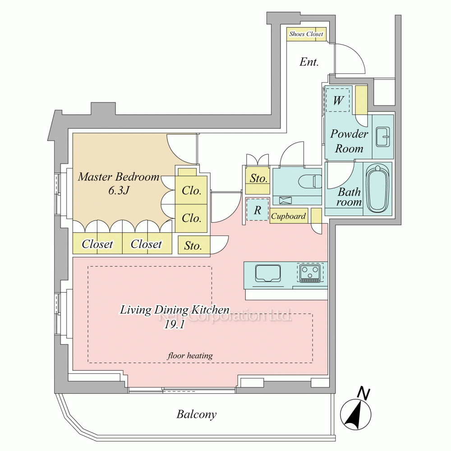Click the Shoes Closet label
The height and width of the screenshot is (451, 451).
pyautogui.click(x=306, y=34)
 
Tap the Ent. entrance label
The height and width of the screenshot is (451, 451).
pyautogui.click(x=309, y=62)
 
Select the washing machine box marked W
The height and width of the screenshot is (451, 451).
pyautogui.click(x=338, y=101)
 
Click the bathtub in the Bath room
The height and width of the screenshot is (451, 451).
pyautogui.click(x=377, y=189)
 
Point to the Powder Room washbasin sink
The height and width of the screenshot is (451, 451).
pyautogui.click(x=382, y=137)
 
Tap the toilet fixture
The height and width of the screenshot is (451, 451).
pyautogui.click(x=310, y=181)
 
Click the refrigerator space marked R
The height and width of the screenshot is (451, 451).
pyautogui.click(x=258, y=210)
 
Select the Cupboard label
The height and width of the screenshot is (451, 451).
pyautogui.click(x=288, y=216)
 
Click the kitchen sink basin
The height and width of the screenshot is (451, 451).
pyautogui.click(x=268, y=274)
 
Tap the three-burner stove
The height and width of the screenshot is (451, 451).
pyautogui.click(x=309, y=273)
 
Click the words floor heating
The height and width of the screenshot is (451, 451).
pyautogui.click(x=190, y=356)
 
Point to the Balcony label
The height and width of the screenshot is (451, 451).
pyautogui.click(x=197, y=414)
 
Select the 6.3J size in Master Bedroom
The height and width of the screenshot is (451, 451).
pyautogui.click(x=119, y=190)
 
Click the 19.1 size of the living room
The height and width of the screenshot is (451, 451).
pyautogui.click(x=174, y=325)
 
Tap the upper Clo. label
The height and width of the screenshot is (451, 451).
pyautogui.click(x=191, y=190)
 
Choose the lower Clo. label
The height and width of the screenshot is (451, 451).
pyautogui.click(x=191, y=218)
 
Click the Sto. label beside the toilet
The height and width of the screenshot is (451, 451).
pyautogui.click(x=258, y=178)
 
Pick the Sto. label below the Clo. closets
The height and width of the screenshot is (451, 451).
pyautogui.click(x=193, y=246)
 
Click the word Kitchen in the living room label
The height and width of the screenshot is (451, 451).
pyautogui.click(x=210, y=310)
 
